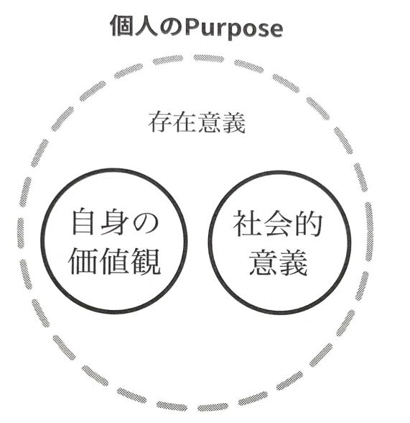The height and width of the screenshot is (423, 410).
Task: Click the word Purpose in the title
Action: pos(234,29)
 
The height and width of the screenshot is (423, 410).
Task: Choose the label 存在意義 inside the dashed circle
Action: pos(197,123)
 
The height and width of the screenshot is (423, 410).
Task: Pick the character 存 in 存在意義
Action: pos(160,123)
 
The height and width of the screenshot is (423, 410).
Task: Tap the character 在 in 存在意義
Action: pos(185,123)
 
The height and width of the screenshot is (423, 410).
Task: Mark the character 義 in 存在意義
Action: pos(233,123)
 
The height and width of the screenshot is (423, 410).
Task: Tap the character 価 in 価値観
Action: pos(83,261)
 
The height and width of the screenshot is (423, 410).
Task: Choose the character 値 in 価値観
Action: pos(114,261)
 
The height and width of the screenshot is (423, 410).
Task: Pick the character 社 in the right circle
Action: pos(248,223)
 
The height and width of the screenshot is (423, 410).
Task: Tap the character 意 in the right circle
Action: pos(263,262)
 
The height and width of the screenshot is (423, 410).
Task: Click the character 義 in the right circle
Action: pos(294,262)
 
